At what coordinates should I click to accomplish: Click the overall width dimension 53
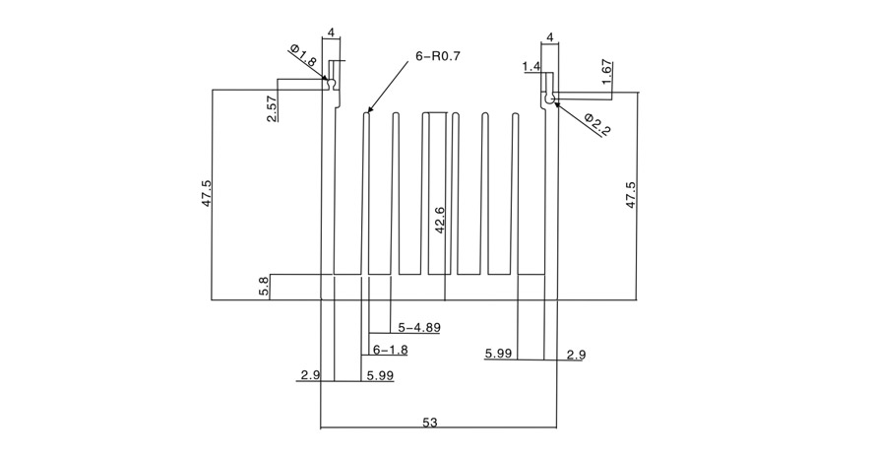coord(430,423)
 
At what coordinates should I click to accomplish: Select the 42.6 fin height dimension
coord(439,220)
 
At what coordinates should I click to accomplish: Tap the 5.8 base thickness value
coord(264,286)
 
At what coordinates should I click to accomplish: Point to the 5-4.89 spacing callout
coord(419,327)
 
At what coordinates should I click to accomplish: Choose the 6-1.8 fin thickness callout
coord(390,350)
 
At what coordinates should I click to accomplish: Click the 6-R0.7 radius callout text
coord(438,56)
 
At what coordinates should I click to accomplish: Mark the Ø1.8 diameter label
coord(303,56)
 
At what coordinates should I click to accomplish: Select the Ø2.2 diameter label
coord(597,124)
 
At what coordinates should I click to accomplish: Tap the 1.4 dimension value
coord(531,67)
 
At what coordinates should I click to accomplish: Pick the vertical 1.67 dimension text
coord(607,72)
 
